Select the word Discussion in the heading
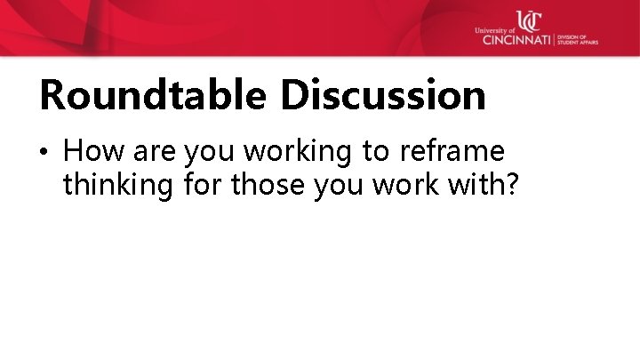pos(383,95)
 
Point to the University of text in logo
pos(495,30)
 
